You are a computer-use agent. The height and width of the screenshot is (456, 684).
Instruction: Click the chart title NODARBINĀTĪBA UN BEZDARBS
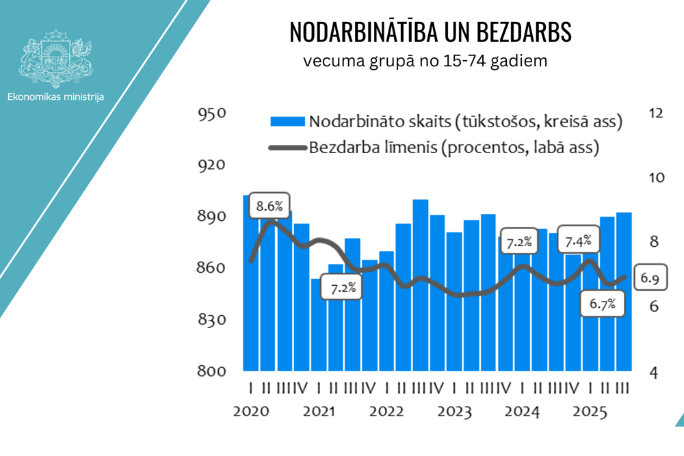(430, 31)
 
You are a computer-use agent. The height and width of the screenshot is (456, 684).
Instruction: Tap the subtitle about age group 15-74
(425, 61)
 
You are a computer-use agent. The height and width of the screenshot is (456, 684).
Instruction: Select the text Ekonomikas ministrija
(55, 97)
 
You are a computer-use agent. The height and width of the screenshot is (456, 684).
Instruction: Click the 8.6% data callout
(269, 204)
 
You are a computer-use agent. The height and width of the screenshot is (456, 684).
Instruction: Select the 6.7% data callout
(603, 304)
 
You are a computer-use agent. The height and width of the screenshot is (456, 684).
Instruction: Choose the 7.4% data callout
(579, 241)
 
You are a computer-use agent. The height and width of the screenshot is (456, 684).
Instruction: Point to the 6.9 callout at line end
(650, 278)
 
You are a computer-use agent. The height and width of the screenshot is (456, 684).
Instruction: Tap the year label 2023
(454, 412)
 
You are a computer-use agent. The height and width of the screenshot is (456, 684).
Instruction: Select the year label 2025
(590, 412)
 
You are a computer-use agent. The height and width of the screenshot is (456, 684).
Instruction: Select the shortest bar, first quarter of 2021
(318, 324)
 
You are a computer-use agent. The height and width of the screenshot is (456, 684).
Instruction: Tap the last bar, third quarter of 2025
(624, 291)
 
